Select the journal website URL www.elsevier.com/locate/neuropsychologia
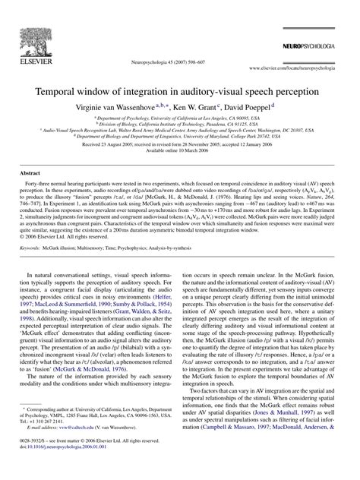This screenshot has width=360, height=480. (x=292, y=68)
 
